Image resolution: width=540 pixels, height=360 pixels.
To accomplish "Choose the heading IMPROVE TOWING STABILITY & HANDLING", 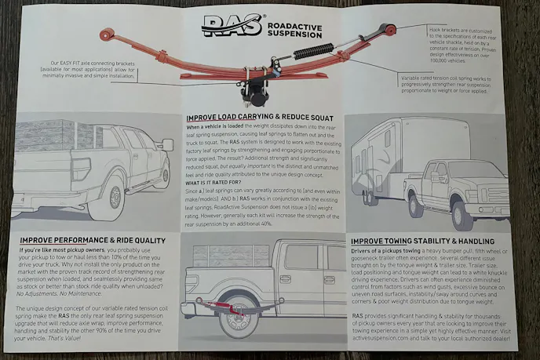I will [422, 241].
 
